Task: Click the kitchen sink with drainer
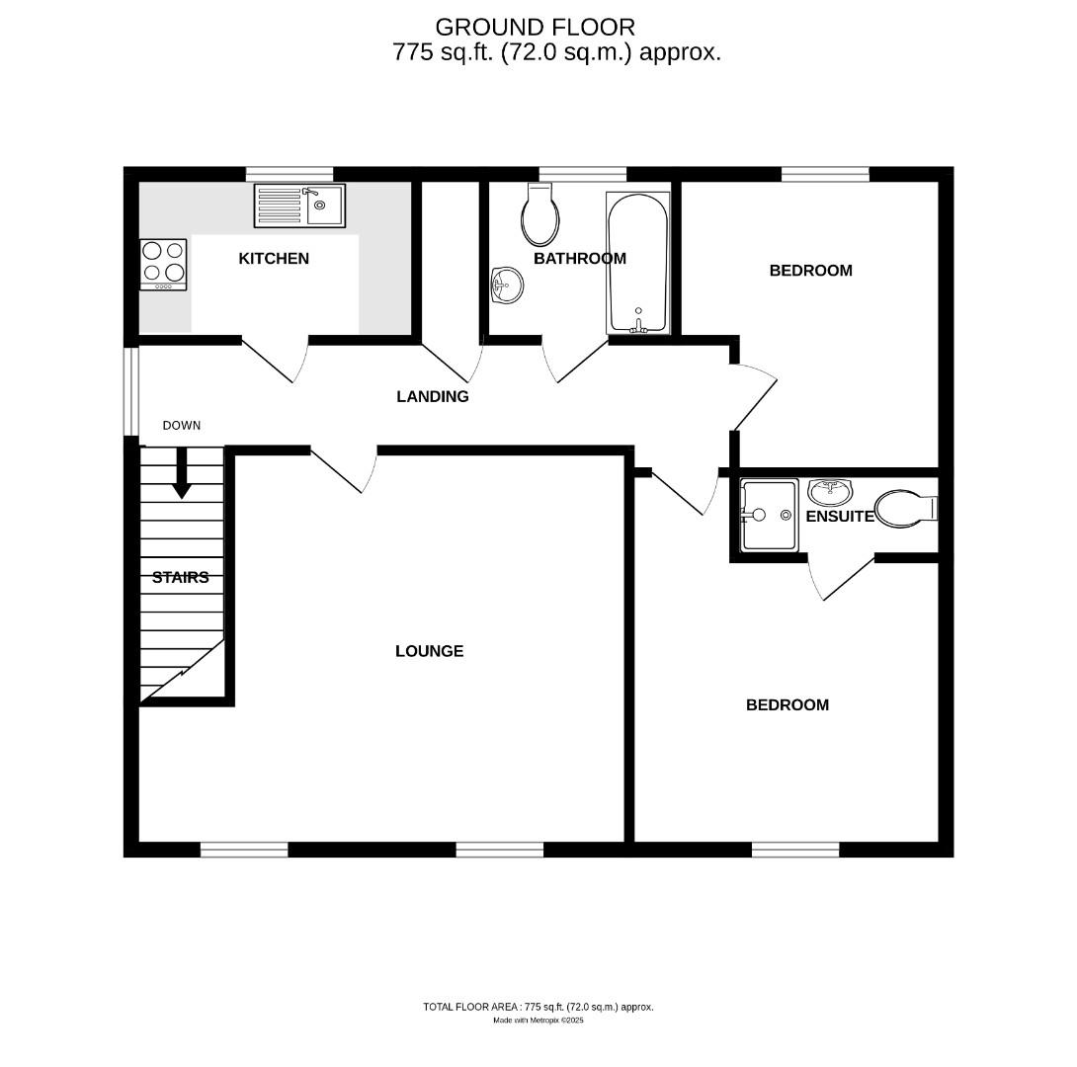299,205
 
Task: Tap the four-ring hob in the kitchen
163,264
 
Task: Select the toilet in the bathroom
540,214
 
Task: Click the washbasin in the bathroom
507,287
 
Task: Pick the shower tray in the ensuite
768,515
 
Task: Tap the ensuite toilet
905,509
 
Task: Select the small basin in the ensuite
830,490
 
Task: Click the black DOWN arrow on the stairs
182,474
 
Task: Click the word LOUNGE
429,651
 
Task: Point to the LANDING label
432,397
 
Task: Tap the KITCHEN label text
274,259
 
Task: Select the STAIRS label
180,578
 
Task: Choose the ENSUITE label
840,517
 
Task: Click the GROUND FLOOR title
535,27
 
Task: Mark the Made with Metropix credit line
538,1021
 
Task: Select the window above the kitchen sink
290,173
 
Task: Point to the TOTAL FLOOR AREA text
538,1007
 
